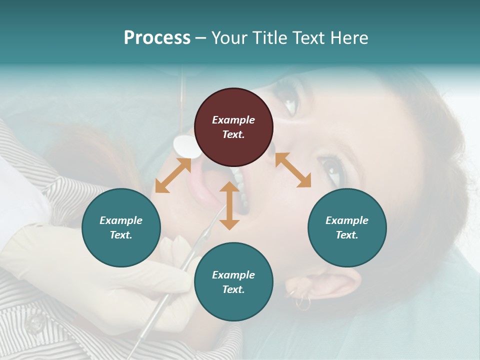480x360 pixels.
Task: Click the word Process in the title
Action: (x=157, y=38)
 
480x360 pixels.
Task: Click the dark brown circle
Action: (x=233, y=127)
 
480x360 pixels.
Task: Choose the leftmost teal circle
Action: (x=121, y=227)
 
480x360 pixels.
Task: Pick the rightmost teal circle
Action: (x=347, y=227)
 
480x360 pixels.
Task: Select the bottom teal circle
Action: (x=233, y=282)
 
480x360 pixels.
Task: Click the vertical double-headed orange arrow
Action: (x=229, y=206)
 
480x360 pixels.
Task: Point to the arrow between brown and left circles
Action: (x=173, y=175)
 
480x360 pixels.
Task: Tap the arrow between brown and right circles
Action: (x=293, y=170)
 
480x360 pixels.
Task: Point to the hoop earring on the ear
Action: (x=302, y=302)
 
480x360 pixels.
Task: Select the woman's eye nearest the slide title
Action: (x=289, y=100)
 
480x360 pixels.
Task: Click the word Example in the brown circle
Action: (x=233, y=120)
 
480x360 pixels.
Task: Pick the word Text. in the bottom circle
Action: (x=233, y=289)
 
